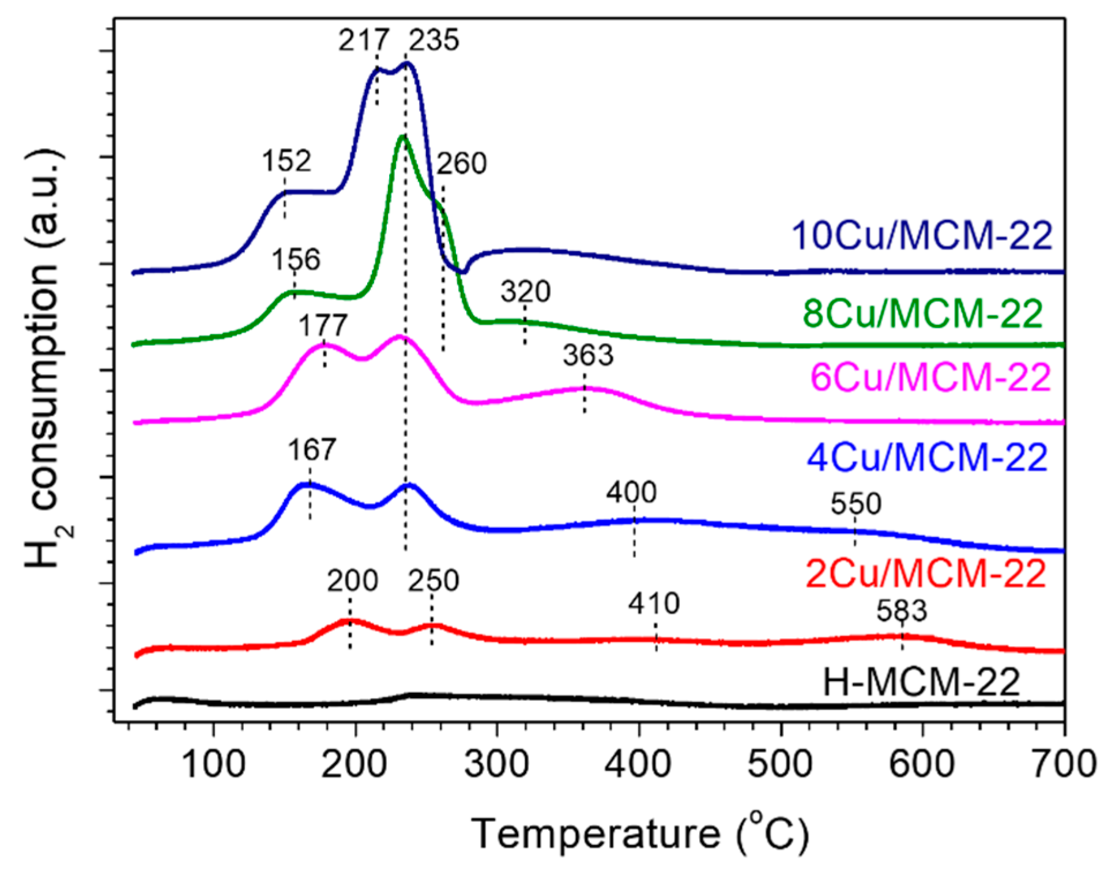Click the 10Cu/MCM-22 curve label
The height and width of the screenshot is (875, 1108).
pos(922,236)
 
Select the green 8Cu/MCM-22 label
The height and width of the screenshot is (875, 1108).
pos(923,314)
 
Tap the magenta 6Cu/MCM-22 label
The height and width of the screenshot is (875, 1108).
pos(931,378)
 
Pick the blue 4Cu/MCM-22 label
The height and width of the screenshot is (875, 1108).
pos(927,458)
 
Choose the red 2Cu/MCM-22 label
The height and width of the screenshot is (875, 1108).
pos(925,574)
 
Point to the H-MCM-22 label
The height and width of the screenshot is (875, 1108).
pos(921,682)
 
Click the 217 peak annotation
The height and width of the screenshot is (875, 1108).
pos(363,40)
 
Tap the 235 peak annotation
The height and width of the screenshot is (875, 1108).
pos(434,40)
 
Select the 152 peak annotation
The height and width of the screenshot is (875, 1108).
pos(287,161)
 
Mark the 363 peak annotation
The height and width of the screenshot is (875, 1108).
pos(588,356)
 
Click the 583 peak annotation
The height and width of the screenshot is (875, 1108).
pos(902,611)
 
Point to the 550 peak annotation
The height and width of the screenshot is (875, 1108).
pos(856,504)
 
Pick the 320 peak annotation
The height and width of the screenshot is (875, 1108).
pos(525,292)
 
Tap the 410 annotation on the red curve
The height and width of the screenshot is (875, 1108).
pos(654,604)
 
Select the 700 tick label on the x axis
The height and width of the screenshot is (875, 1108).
pos(1064,765)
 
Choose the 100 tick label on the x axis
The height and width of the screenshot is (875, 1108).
pos(213,765)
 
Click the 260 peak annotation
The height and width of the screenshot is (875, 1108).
pos(461,164)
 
